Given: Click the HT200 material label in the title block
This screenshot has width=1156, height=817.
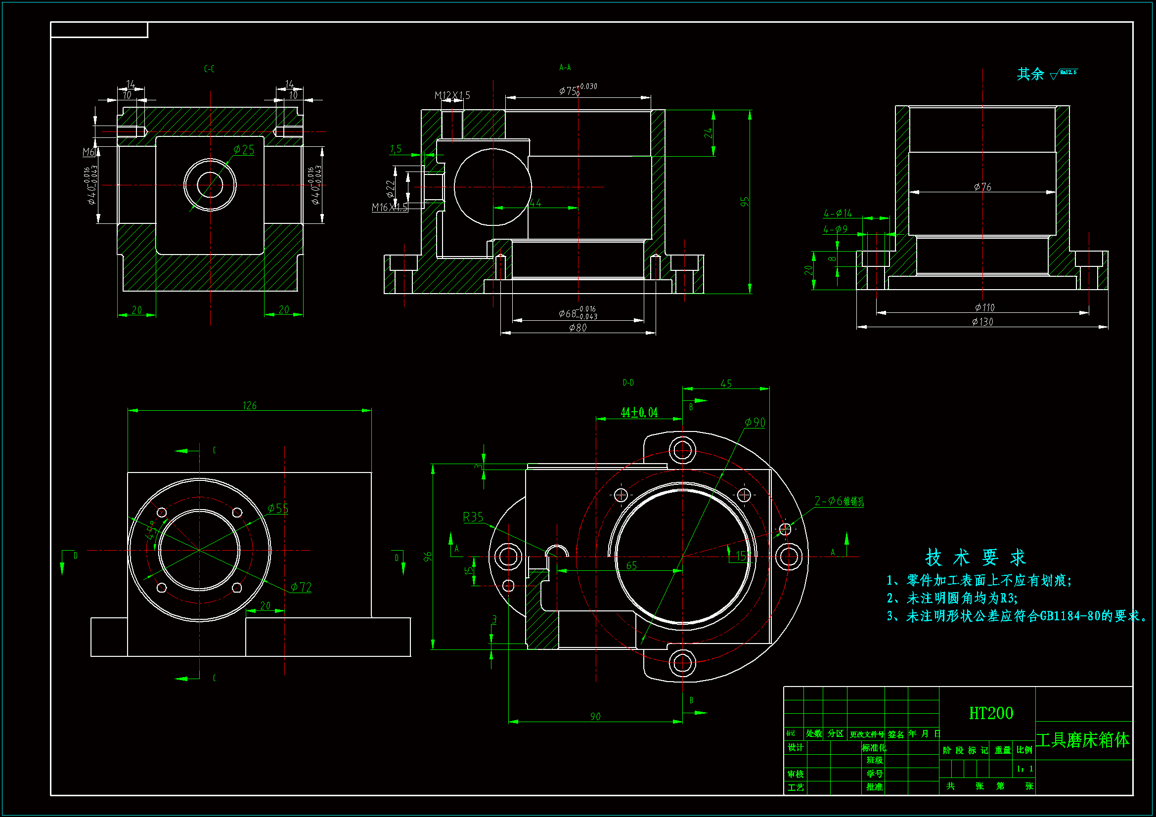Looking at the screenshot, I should tap(990, 713).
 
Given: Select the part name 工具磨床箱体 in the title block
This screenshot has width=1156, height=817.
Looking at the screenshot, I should tap(1082, 740).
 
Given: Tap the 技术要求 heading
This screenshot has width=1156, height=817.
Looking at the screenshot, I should tap(975, 558).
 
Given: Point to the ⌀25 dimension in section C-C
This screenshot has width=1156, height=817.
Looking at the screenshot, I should tap(244, 150).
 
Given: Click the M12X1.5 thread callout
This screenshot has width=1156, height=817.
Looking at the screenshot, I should tap(452, 95).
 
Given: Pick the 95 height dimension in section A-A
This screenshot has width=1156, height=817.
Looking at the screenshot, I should tap(745, 201).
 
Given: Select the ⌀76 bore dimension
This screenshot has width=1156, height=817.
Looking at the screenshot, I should tap(982, 187).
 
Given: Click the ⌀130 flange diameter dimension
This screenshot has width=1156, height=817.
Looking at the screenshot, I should tap(982, 322).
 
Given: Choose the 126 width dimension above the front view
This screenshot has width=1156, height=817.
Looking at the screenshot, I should tap(249, 405).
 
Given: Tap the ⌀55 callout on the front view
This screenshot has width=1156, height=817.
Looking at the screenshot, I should tap(278, 509).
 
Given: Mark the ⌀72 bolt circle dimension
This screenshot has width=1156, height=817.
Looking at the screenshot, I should tap(301, 587).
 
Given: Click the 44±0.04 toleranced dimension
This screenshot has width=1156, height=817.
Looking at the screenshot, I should tap(639, 413).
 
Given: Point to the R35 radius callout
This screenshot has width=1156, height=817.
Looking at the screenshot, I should tap(473, 517).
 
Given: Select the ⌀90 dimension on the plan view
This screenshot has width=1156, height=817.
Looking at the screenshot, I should tap(755, 423).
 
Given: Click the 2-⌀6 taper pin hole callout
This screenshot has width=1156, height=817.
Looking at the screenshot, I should tap(839, 501).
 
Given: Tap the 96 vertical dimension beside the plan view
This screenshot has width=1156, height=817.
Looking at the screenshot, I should tap(428, 556).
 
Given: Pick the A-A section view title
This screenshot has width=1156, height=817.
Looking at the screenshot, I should tap(565, 67).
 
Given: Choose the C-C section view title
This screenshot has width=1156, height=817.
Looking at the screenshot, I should tap(210, 69).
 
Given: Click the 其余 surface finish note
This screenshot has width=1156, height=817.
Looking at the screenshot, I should tap(1030, 74).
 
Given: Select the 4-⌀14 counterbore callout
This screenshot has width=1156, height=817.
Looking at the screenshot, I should tap(838, 214).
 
